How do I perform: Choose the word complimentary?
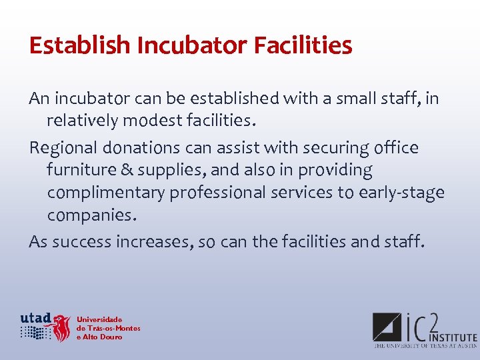pos(106,193)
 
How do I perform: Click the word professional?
pos(223,193)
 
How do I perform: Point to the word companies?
pos(91,216)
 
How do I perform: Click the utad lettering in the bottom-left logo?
pos(35,317)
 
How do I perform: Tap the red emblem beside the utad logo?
pos(62,327)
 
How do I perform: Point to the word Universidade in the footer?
pos(99,319)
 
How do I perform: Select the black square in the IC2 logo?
pos(386,327)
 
